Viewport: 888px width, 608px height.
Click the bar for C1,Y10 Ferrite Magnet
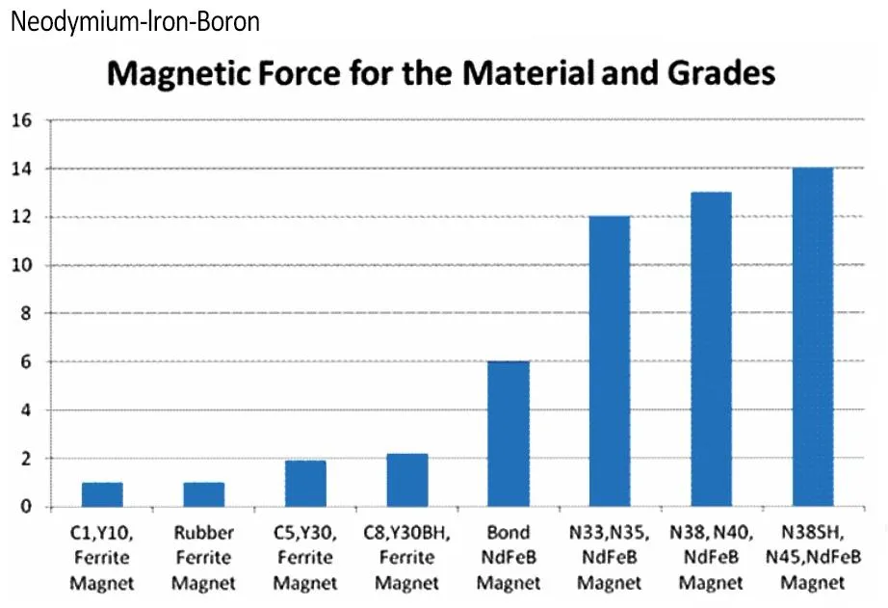102,494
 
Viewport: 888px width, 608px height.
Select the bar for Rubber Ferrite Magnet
203,494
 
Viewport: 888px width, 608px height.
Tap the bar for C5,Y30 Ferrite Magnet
305,484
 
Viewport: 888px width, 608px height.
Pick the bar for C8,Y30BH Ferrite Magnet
406,480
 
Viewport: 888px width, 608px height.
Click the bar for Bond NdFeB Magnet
509,434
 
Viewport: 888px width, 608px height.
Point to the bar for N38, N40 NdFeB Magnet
711,349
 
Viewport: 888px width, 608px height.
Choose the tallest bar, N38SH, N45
812,337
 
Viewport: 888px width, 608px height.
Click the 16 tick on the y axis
23,121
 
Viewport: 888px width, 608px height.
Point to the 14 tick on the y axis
23,170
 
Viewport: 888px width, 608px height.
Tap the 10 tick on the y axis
23,266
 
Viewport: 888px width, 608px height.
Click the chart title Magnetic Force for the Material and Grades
441,73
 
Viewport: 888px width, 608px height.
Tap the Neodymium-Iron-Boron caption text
135,21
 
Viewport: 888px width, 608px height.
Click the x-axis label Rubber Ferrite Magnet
203,558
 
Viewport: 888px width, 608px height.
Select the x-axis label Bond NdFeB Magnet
509,558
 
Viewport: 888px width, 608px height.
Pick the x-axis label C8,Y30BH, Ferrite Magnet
406,558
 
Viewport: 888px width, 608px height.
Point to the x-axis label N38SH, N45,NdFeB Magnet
812,558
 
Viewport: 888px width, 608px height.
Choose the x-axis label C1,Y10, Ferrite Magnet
102,558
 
